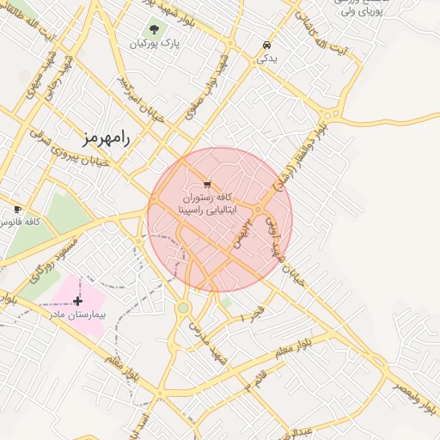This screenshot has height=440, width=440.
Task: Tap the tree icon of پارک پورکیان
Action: tap(155, 29)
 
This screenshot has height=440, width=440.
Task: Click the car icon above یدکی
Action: tap(266, 46)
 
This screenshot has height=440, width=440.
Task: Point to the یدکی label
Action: tap(267, 58)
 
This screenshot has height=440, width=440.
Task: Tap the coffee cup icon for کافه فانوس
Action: tap(17, 209)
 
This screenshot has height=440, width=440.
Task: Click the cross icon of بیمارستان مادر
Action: tap(78, 301)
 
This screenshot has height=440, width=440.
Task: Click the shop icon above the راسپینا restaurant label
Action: tap(207, 185)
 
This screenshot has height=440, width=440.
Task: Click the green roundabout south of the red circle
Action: tap(183, 308)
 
